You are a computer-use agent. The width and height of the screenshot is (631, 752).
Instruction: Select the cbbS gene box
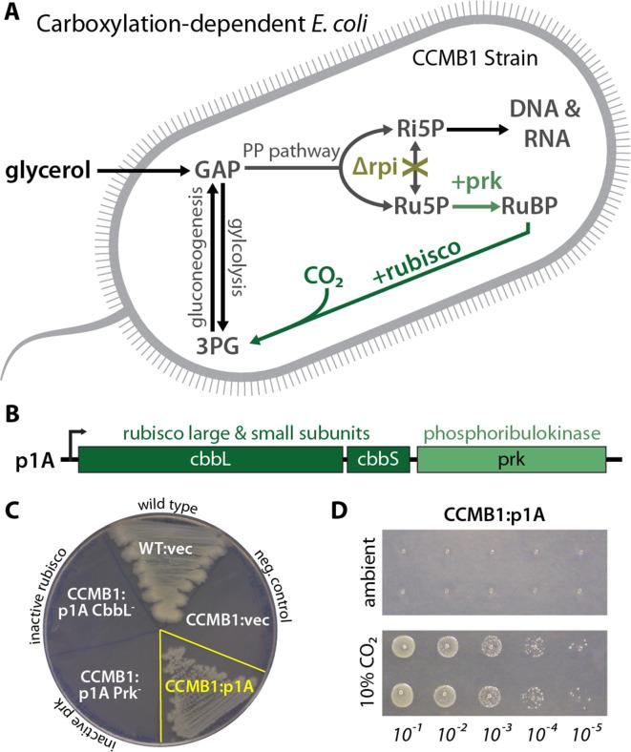click(378, 460)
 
